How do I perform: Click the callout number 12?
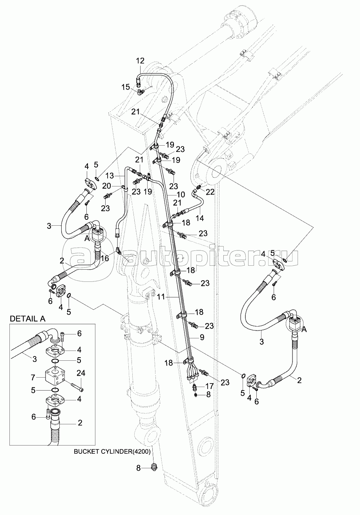(140, 60)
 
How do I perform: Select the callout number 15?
(125, 87)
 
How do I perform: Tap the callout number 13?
(109, 175)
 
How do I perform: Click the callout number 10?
(180, 195)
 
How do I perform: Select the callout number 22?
(210, 192)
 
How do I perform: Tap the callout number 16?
(104, 258)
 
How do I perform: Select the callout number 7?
(33, 377)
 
